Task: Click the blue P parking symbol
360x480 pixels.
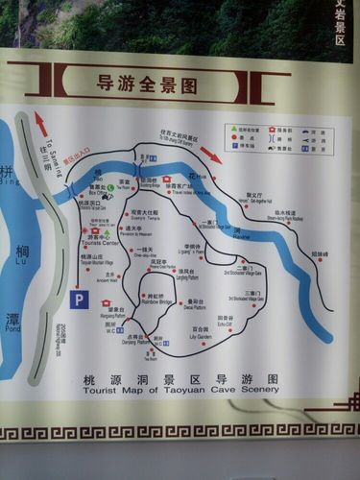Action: (x=79, y=300)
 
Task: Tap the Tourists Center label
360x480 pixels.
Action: (x=99, y=243)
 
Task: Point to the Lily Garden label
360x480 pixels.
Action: (x=201, y=337)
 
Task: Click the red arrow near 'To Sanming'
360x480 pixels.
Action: (x=41, y=124)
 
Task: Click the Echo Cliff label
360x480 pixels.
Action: (x=227, y=324)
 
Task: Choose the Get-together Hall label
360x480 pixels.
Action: (x=255, y=199)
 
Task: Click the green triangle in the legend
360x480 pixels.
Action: (x=233, y=129)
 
